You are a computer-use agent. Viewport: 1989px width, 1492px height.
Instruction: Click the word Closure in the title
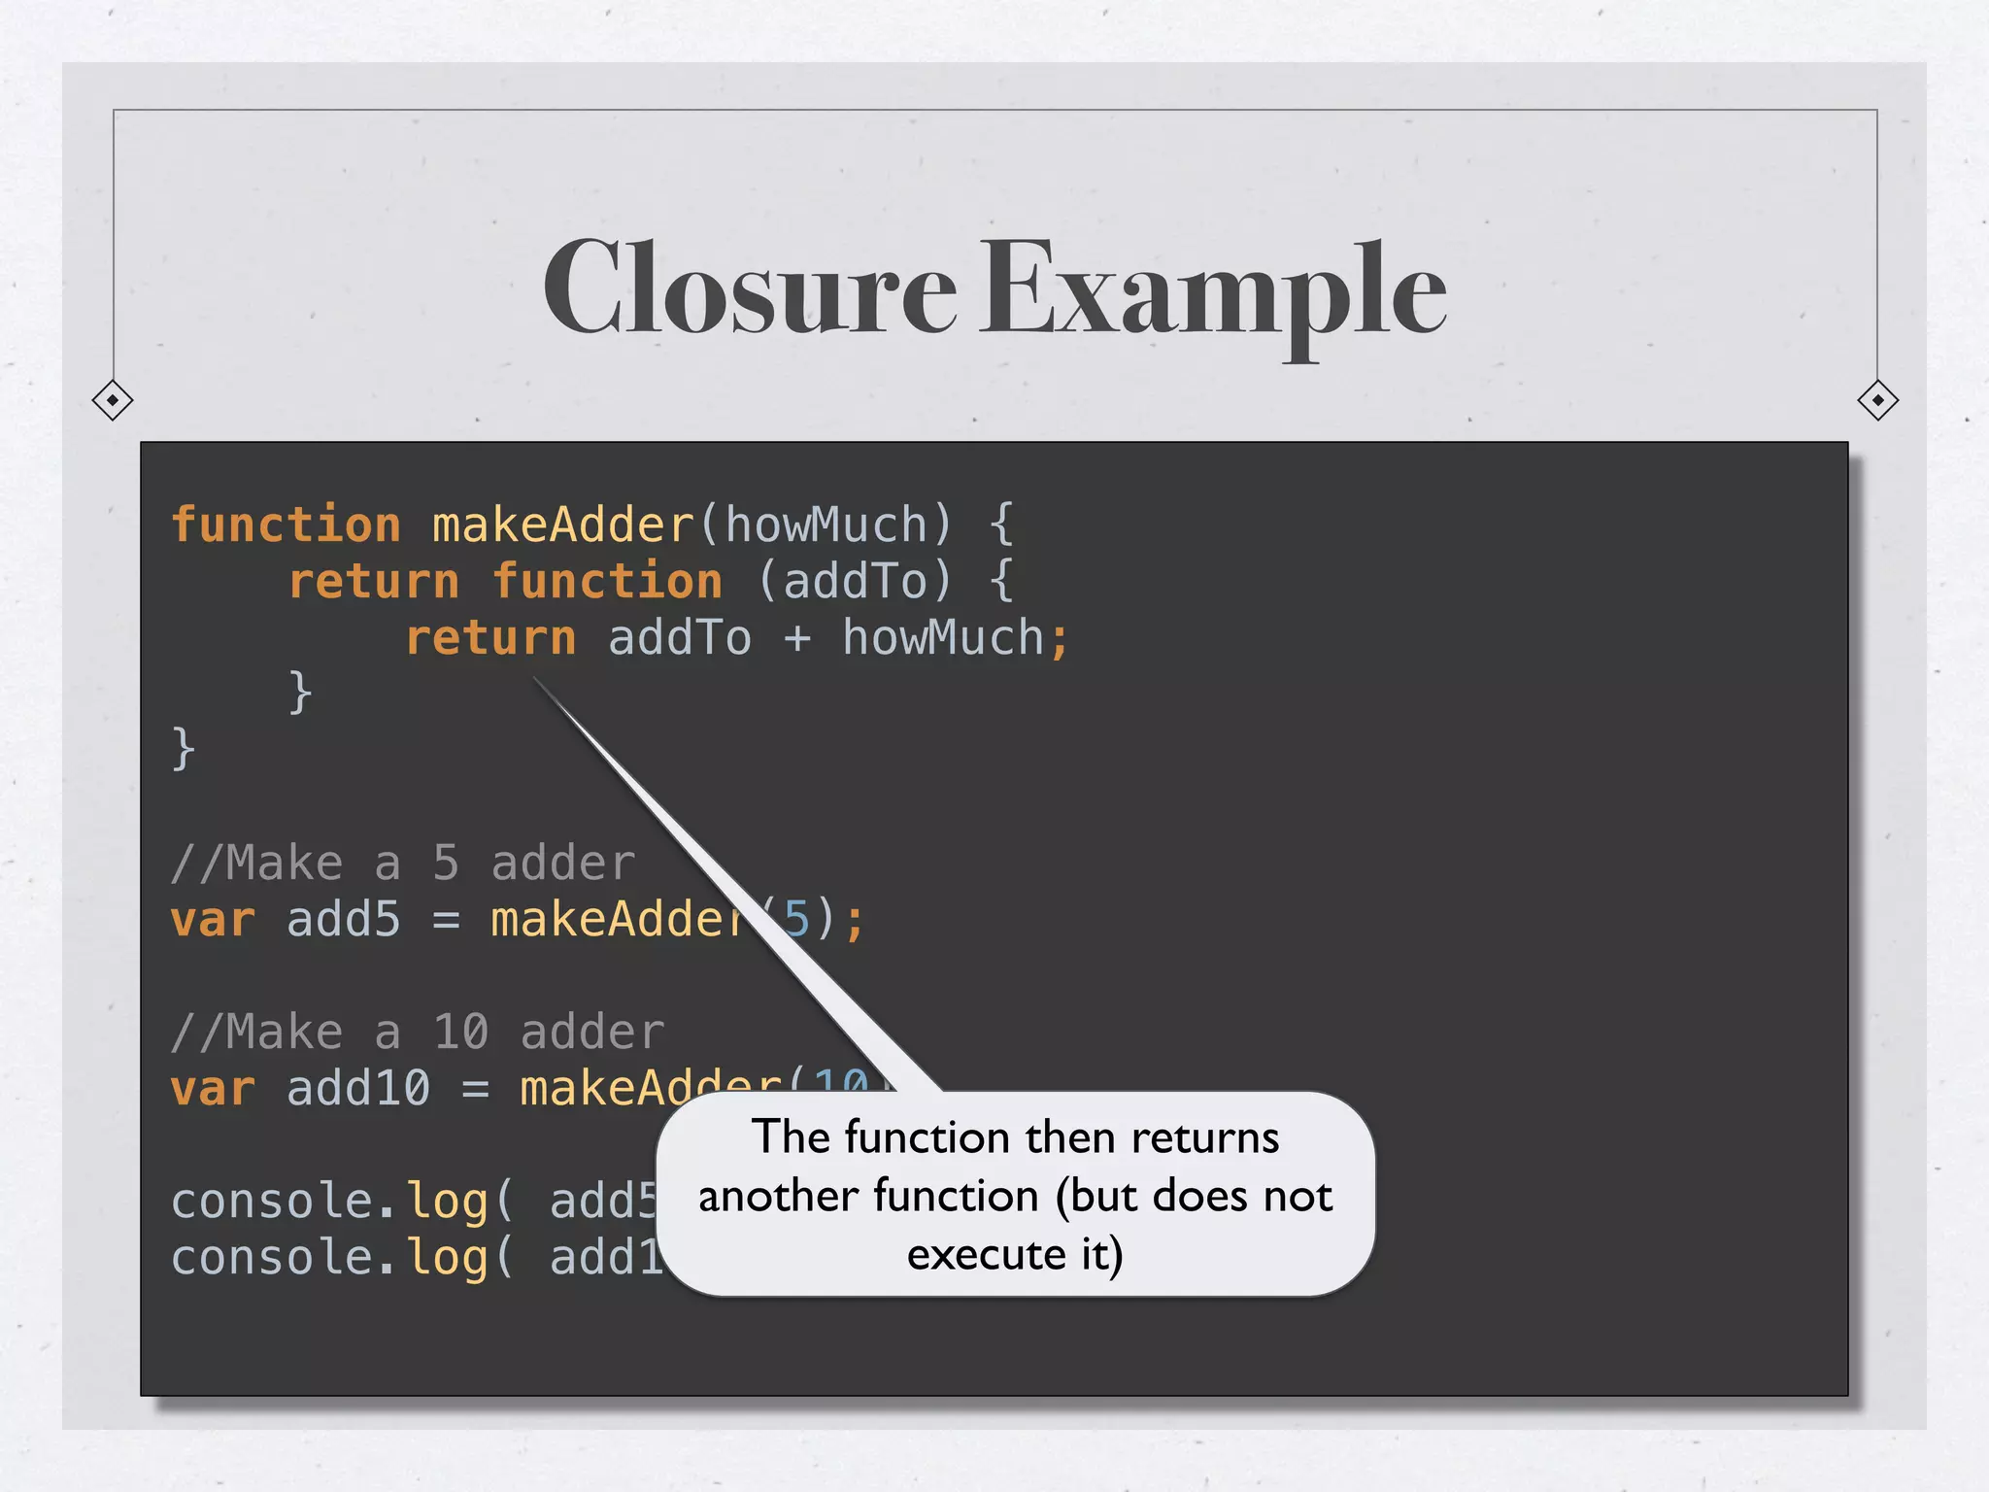pos(750,288)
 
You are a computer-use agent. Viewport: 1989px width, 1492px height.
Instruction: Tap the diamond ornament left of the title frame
pos(113,400)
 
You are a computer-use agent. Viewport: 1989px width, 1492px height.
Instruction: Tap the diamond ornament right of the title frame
pos(1877,400)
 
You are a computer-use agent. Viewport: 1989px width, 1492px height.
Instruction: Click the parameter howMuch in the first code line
pos(826,526)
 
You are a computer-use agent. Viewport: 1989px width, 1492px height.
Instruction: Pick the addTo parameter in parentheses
pos(855,582)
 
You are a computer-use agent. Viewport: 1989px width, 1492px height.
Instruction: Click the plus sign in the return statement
pos(797,638)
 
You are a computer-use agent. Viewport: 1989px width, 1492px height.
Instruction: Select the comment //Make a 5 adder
pos(402,863)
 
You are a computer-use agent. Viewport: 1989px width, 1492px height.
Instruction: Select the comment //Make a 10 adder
pos(418,1032)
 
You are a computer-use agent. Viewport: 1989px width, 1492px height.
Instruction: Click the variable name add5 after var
pos(343,920)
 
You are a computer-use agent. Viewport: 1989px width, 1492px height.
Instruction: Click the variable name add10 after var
pos(357,1089)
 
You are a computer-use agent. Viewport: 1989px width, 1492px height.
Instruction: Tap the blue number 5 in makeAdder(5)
pos(796,919)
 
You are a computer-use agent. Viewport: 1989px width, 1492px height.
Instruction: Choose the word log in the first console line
pos(447,1203)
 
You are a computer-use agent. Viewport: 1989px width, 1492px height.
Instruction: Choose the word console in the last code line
pos(272,1258)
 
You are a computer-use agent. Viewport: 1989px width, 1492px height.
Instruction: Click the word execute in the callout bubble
pos(987,1255)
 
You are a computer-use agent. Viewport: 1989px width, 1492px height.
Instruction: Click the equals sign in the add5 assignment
pos(446,920)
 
